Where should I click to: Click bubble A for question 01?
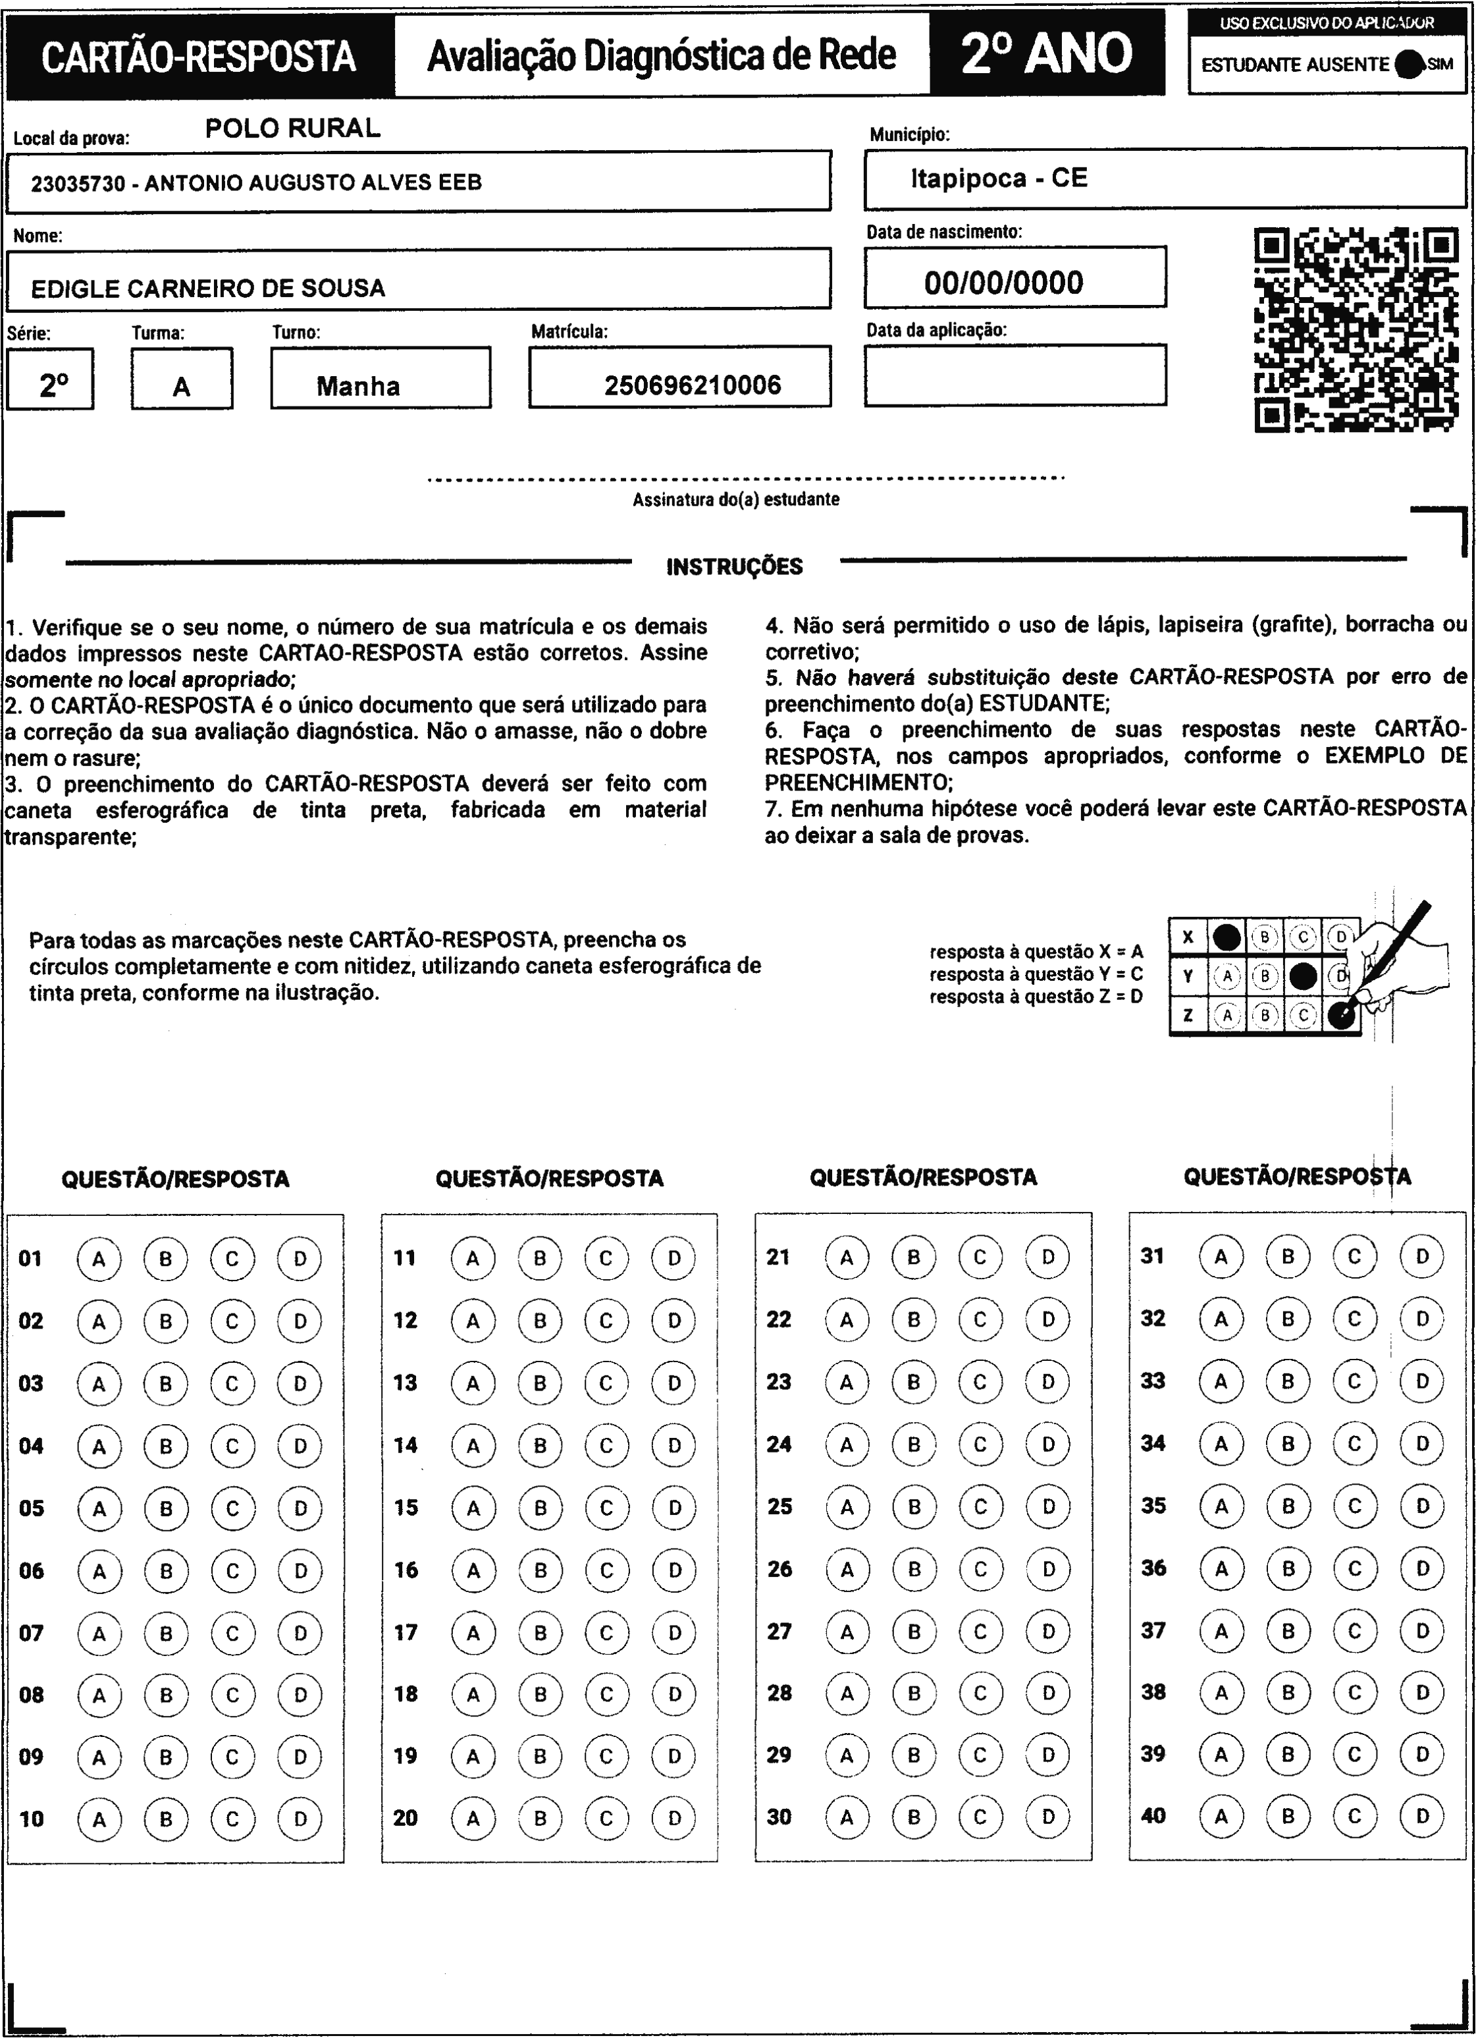[x=99, y=1259]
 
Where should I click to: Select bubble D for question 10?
[x=300, y=1819]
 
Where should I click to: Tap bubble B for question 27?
[x=914, y=1631]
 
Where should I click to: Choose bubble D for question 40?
[x=1422, y=1816]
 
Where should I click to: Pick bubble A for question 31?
[x=1221, y=1256]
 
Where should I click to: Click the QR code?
[x=1356, y=330]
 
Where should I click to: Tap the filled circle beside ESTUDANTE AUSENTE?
[x=1410, y=65]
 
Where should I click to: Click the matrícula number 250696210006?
[x=693, y=385]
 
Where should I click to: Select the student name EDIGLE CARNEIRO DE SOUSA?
[x=209, y=289]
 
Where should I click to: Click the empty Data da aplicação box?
[x=1015, y=375]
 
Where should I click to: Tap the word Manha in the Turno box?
[x=358, y=387]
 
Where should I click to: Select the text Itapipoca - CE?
[x=999, y=178]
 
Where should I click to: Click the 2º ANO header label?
[x=1047, y=54]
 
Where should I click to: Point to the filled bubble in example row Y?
[x=1303, y=976]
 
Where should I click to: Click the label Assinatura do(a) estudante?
[x=736, y=499]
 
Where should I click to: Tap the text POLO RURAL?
[x=293, y=128]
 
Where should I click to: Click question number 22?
[x=779, y=1319]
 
